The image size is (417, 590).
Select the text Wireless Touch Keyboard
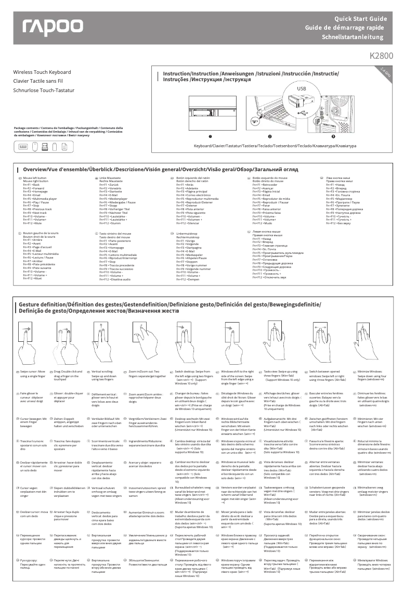[x=42, y=72]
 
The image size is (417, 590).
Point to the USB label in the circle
[x=302, y=88]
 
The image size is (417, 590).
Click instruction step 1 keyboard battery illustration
[x=211, y=111]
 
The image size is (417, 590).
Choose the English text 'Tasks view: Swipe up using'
[x=281, y=371]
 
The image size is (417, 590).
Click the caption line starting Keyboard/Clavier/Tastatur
[x=275, y=146]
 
